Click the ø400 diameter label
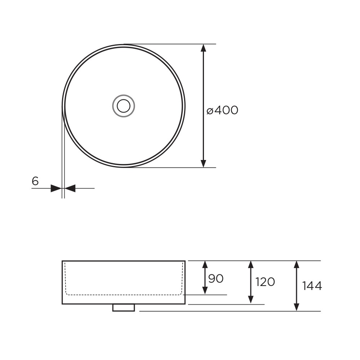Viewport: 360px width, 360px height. click(222, 110)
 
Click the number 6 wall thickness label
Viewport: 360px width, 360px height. click(35, 181)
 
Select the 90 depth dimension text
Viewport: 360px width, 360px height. click(216, 278)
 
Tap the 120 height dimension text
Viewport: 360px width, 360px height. click(265, 282)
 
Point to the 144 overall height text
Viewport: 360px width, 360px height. click(312, 286)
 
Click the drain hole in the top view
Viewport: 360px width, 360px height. click(123, 105)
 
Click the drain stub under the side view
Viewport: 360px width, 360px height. click(123, 308)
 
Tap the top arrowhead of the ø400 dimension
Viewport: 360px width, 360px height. click(203, 48)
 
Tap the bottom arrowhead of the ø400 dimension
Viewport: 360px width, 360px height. click(203, 163)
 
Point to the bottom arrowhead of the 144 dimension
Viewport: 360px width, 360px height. click(296, 307)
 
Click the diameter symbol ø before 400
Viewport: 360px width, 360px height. click(210, 111)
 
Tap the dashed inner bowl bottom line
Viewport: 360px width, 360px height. click(123, 295)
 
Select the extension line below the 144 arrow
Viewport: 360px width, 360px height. click(230, 311)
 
